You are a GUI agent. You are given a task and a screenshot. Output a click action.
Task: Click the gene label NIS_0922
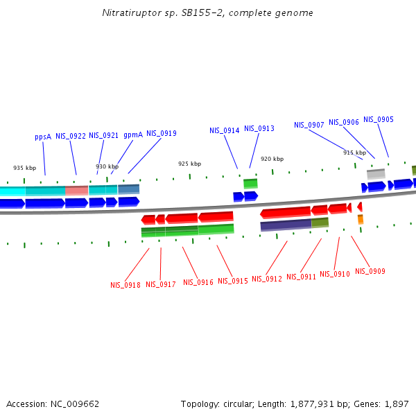(x=71, y=136)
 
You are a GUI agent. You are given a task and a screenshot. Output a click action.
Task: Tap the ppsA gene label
(x=43, y=137)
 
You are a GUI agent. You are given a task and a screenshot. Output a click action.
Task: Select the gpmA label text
(x=133, y=135)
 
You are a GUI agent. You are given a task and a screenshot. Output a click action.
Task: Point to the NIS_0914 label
(x=225, y=130)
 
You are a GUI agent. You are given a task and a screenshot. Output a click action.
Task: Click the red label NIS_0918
(x=125, y=285)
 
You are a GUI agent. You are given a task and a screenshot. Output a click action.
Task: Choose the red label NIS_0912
(x=267, y=279)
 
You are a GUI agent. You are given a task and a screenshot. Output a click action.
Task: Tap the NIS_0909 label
(x=370, y=271)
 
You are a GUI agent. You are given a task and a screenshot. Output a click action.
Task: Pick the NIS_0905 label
(x=379, y=119)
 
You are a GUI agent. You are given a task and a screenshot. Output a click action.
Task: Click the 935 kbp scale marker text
(x=25, y=168)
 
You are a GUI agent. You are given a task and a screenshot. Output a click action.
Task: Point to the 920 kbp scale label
(x=272, y=159)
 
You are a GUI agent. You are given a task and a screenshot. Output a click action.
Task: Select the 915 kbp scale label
(x=354, y=153)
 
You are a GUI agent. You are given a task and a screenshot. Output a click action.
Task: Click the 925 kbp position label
(x=189, y=164)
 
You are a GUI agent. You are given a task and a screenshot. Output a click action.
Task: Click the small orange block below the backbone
(x=361, y=220)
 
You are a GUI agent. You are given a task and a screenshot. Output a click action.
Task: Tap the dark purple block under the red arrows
(x=286, y=225)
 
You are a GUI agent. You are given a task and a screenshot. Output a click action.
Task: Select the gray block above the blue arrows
(x=376, y=173)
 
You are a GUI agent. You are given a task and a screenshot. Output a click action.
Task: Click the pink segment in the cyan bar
(x=76, y=190)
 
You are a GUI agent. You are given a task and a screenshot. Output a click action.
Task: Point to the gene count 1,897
(x=395, y=404)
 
